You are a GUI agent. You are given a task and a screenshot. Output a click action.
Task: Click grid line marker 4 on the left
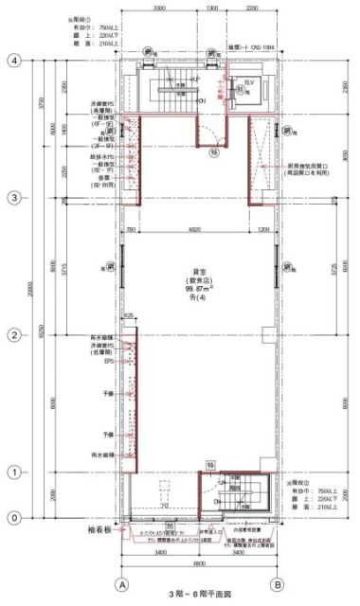[14, 60]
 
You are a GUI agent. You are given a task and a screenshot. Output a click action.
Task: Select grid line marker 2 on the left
[14, 335]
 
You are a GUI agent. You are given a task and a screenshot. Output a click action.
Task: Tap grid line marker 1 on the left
[14, 472]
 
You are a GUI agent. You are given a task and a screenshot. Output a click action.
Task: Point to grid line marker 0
[14, 518]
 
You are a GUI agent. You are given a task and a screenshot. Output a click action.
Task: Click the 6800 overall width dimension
[199, 561]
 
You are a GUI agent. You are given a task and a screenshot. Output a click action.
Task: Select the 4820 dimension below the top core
[194, 230]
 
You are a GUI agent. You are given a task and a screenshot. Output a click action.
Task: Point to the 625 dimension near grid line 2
[127, 316]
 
